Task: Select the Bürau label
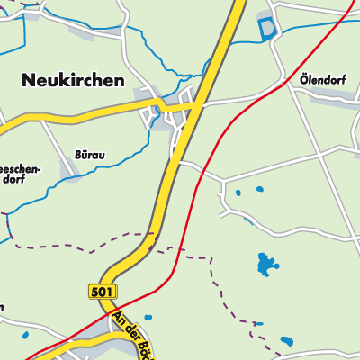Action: click(89, 155)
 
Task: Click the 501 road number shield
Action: click(102, 291)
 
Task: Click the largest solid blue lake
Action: click(266, 264)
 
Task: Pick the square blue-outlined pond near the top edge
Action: click(267, 28)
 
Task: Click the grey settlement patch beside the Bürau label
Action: click(68, 168)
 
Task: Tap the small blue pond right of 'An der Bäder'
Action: click(148, 318)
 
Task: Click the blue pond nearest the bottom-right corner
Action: click(286, 341)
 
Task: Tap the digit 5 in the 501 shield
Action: click(95, 291)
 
